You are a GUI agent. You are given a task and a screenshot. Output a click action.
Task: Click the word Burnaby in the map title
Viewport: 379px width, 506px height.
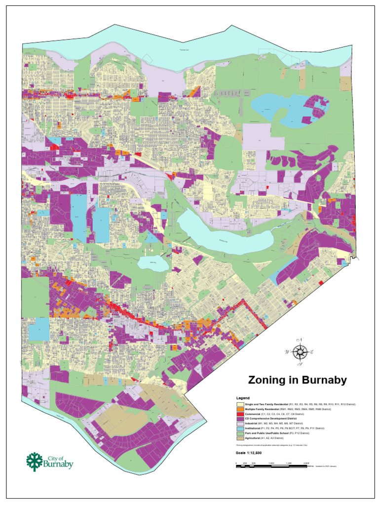(x=321, y=380)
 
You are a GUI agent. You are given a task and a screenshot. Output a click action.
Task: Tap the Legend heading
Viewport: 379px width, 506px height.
(x=243, y=398)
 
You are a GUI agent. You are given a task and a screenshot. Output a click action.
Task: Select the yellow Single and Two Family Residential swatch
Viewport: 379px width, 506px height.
(x=240, y=404)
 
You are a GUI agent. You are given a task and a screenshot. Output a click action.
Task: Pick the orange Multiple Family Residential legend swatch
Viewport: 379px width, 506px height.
(x=240, y=409)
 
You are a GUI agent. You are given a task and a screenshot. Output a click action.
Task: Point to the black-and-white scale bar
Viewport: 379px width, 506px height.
(x=271, y=463)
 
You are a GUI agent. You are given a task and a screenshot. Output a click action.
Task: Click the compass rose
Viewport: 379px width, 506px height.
(x=300, y=352)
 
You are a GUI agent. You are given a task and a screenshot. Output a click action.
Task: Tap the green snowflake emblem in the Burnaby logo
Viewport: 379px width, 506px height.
(x=35, y=461)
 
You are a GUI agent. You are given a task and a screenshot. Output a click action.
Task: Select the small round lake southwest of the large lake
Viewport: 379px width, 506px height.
(x=152, y=263)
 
